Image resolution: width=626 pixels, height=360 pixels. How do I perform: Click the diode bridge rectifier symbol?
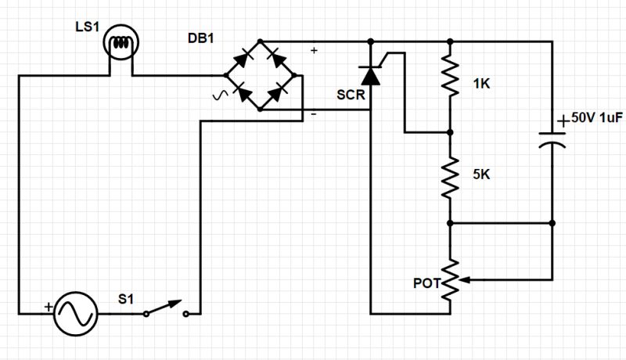pyautogui.click(x=261, y=75)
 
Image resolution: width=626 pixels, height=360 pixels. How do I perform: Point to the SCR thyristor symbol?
pyautogui.click(x=370, y=74)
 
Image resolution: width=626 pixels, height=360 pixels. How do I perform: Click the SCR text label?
pyautogui.click(x=350, y=95)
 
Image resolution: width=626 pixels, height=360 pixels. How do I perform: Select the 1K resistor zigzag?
pyautogui.click(x=451, y=77)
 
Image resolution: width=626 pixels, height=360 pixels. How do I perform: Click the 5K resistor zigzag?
pyautogui.click(x=451, y=178)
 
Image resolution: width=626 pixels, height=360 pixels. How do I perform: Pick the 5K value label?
pyautogui.click(x=483, y=177)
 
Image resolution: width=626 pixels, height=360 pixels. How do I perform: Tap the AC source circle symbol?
pyautogui.click(x=76, y=313)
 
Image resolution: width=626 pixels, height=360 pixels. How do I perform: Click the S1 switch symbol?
pyautogui.click(x=165, y=310)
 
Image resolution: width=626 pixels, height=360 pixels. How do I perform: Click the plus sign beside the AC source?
pyautogui.click(x=48, y=307)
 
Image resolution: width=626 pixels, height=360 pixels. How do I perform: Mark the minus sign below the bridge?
pyautogui.click(x=314, y=115)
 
